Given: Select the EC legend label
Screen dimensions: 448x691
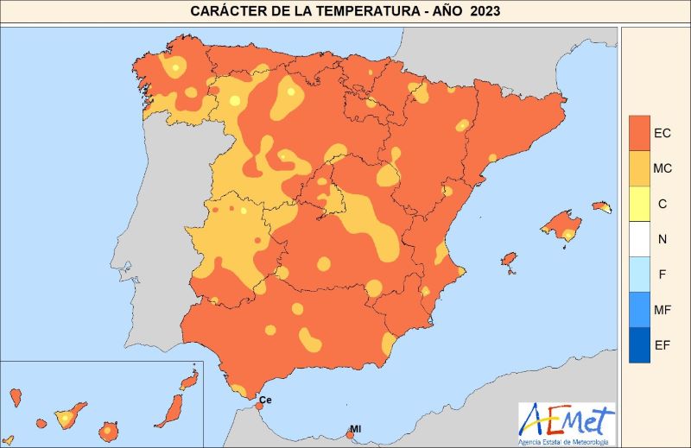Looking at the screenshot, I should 662,133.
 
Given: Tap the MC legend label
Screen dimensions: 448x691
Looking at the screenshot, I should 662,168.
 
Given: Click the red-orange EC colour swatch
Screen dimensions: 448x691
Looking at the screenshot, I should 639,133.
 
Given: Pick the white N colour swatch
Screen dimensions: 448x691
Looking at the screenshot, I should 639,239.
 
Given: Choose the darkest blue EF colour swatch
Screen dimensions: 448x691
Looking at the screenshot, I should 639,345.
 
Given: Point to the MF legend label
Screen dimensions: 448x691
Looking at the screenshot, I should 662,310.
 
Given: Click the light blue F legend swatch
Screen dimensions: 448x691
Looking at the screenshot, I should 639,274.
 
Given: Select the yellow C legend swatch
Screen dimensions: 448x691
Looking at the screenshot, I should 639,204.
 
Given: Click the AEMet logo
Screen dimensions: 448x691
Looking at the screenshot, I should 567,420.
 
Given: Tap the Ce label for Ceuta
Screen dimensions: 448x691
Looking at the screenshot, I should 265,401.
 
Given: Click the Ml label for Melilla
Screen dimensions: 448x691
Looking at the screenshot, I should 355,429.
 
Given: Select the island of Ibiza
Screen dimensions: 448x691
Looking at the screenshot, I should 509,262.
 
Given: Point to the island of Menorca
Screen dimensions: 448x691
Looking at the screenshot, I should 602,207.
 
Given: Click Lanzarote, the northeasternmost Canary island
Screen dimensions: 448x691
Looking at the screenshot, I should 188,380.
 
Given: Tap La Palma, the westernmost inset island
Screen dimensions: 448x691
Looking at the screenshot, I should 15,397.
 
